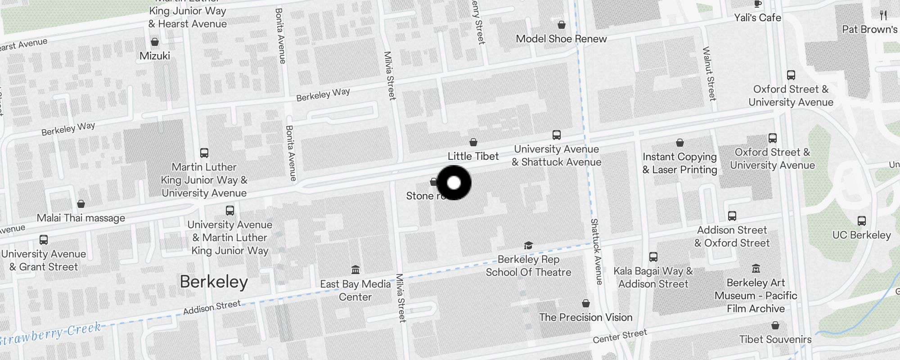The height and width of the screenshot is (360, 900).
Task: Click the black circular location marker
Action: [x=454, y=183]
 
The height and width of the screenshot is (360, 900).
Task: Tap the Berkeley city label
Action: [x=214, y=282]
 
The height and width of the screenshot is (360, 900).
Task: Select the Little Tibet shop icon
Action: [x=473, y=143]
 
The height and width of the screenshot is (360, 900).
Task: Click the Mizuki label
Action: [x=155, y=56]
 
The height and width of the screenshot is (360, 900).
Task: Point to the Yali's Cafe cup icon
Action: [x=758, y=4]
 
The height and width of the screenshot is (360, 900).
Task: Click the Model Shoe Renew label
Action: [x=561, y=39]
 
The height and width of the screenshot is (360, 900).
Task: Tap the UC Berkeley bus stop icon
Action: [x=862, y=221]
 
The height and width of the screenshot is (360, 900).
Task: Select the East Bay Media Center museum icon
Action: [x=355, y=270]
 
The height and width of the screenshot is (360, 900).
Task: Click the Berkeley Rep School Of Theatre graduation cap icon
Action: [x=528, y=245]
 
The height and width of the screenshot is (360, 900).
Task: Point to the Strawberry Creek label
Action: [x=50, y=333]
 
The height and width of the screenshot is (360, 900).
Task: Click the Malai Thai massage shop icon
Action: [x=81, y=204]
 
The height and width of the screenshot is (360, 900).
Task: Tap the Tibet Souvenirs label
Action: [x=775, y=339]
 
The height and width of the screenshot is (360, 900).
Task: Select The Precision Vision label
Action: [x=585, y=317]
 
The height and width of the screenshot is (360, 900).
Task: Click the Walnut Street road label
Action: [x=709, y=74]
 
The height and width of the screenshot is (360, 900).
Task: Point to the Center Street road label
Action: [x=620, y=336]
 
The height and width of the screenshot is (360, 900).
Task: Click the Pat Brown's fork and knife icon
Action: [x=883, y=15]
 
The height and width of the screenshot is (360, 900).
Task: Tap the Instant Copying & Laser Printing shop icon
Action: [x=680, y=143]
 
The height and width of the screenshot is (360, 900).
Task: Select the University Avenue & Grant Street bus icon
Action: [x=44, y=240]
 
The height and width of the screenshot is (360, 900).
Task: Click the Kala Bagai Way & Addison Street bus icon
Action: [x=653, y=257]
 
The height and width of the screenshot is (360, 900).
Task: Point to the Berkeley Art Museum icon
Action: [x=756, y=269]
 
